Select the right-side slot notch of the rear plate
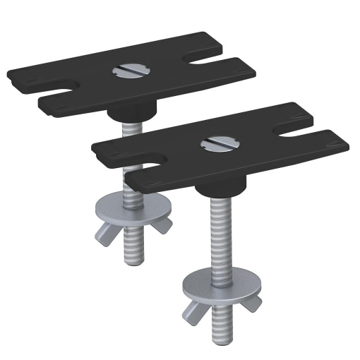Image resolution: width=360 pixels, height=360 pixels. [x=212, y=61]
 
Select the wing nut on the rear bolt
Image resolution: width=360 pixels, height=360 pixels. [x=131, y=227]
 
